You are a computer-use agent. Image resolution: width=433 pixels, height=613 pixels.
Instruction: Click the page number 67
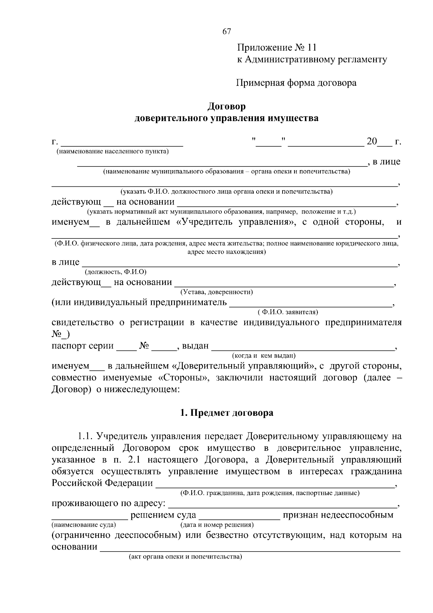pyautogui.click(x=227, y=31)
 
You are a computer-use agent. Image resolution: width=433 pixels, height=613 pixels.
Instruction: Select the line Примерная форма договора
pyautogui.click(x=296, y=83)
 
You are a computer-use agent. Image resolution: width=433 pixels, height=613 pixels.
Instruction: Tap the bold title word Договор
pyautogui.click(x=226, y=107)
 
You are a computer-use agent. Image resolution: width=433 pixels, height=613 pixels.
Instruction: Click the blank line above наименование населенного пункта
pyautogui.click(x=121, y=144)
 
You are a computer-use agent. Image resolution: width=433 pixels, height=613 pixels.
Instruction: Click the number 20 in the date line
pyautogui.click(x=371, y=141)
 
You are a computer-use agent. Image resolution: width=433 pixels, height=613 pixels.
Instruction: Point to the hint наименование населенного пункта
pyautogui.click(x=112, y=151)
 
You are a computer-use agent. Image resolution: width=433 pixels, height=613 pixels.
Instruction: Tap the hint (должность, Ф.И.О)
pyautogui.click(x=115, y=272)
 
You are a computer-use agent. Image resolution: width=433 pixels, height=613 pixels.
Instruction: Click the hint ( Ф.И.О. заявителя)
pyautogui.click(x=288, y=311)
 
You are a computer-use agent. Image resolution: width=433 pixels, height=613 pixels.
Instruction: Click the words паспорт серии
pyautogui.click(x=83, y=346)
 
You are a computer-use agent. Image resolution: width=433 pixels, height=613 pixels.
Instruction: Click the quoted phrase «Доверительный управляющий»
pyautogui.click(x=242, y=366)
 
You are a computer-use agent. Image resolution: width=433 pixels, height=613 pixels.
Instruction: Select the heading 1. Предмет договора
pyautogui.click(x=227, y=413)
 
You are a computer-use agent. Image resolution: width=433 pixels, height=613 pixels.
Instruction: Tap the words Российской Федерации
pyautogui.click(x=102, y=483)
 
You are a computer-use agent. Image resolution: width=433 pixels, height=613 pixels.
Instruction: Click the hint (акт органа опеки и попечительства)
pyautogui.click(x=185, y=557)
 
